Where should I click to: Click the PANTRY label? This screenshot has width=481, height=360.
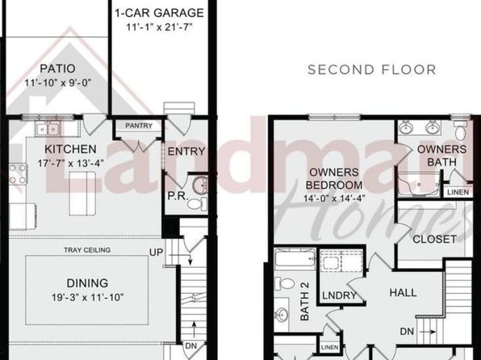coord(139,126)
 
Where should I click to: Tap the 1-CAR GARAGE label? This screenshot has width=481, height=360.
coord(159,13)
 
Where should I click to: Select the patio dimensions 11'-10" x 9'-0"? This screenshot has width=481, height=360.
coord(58,82)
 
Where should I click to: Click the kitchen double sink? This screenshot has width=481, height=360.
coord(48,129)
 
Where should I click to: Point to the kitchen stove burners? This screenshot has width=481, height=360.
coord(18,174)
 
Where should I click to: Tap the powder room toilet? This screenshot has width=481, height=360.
coord(197,203)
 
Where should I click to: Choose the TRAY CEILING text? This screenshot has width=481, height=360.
coord(87,250)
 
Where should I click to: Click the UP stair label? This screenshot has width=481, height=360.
coord(156,253)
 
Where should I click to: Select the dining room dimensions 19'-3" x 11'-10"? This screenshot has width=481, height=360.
coord(87,297)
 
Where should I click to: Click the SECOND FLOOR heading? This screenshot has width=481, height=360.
coord(371,69)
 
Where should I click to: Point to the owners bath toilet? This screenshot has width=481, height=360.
coord(461,131)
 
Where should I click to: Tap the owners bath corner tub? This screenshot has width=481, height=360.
coord(419,185)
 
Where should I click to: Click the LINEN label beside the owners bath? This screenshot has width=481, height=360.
coord(458,192)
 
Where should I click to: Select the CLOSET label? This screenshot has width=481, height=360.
coord(434,239)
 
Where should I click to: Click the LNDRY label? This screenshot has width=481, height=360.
coord(340,295)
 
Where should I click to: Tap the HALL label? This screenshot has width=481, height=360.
coord(403,292)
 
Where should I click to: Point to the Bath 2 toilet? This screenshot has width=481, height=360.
coord(285,283)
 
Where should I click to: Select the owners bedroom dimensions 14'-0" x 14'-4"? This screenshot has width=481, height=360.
coord(334,199)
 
